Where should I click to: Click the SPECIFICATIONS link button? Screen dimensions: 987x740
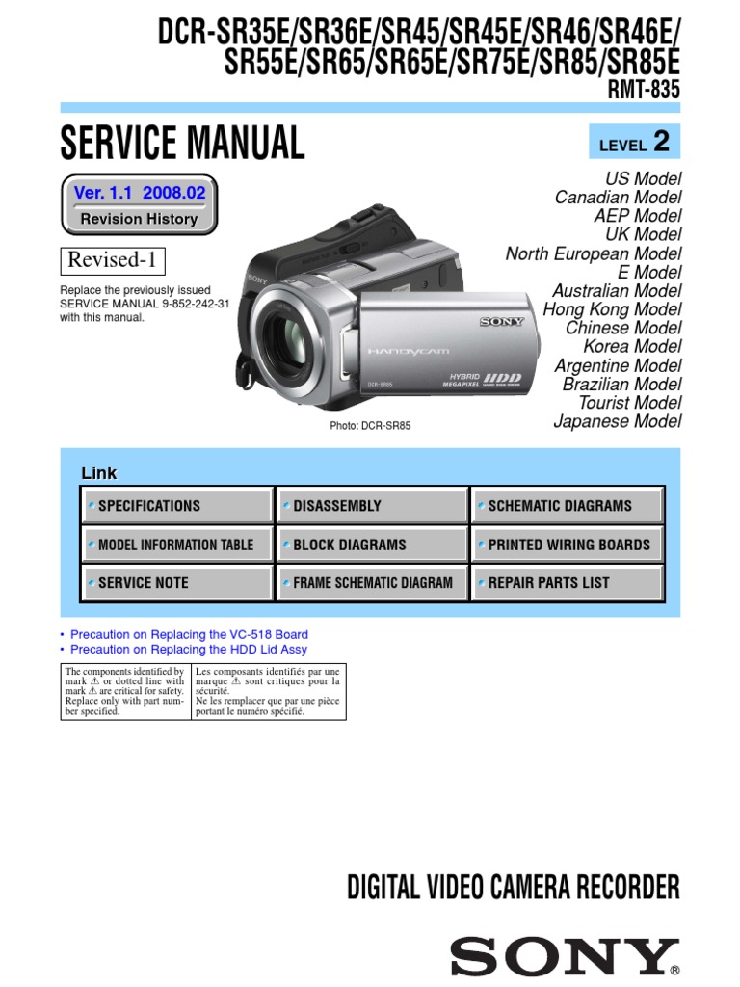point(178,506)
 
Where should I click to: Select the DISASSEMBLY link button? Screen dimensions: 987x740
point(373,506)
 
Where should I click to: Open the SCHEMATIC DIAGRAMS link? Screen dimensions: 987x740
point(568,506)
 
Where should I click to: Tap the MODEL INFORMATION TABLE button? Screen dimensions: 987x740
point(178,545)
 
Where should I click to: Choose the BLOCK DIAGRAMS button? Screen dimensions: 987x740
point(373,545)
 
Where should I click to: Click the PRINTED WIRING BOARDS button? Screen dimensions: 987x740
point(568,545)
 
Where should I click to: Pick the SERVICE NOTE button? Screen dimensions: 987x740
point(178,583)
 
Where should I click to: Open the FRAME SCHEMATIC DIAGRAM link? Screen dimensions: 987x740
point(373,583)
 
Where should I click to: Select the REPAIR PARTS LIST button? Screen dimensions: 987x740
point(568,583)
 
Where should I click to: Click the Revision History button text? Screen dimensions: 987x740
point(139,219)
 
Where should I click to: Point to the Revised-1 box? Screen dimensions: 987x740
point(113,260)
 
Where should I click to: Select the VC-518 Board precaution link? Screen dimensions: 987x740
point(190,635)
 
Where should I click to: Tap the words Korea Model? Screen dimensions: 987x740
point(631,347)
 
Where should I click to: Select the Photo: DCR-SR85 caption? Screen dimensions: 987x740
point(370,426)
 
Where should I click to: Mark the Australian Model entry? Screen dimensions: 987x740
point(617,291)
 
